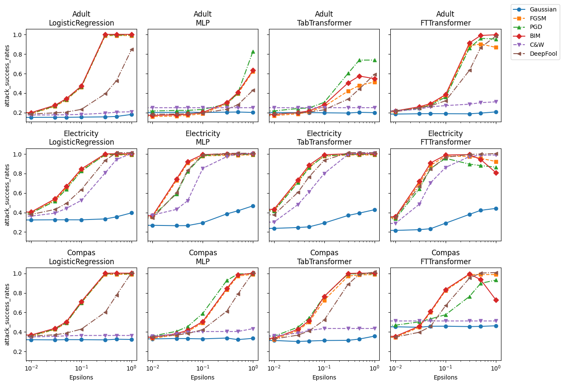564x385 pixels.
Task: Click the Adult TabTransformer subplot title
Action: click(x=324, y=19)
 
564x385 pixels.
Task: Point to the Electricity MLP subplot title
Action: click(x=203, y=138)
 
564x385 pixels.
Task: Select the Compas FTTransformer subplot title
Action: click(x=446, y=257)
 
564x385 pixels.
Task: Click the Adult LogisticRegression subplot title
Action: click(x=81, y=19)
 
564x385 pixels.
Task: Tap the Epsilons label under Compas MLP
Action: click(x=203, y=377)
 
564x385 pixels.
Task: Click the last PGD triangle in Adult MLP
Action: click(x=253, y=51)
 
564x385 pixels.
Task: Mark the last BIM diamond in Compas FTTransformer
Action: click(x=496, y=300)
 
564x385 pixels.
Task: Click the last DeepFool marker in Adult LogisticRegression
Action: click(x=132, y=49)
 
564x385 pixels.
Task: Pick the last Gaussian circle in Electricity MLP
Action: click(x=253, y=206)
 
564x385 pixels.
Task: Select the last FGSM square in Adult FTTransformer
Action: click(x=496, y=47)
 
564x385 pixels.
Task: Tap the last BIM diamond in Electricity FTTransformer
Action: click(x=496, y=173)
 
